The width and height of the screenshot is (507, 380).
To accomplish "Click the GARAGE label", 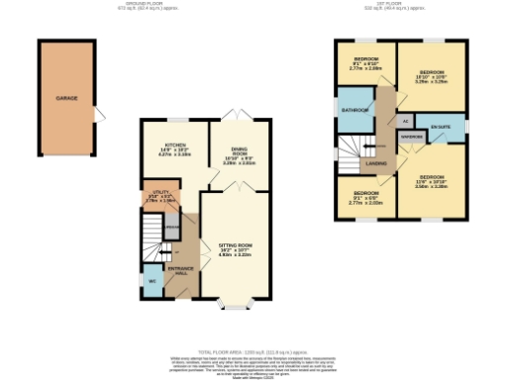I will (x=66, y=98).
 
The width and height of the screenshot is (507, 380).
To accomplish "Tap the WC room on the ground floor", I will (x=151, y=280).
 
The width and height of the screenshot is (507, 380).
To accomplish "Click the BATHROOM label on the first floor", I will (x=355, y=110).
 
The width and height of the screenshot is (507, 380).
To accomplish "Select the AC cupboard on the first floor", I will (x=406, y=121).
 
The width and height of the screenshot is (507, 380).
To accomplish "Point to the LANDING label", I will (x=376, y=162).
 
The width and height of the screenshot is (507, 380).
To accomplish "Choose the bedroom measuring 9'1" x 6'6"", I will (x=364, y=196).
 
